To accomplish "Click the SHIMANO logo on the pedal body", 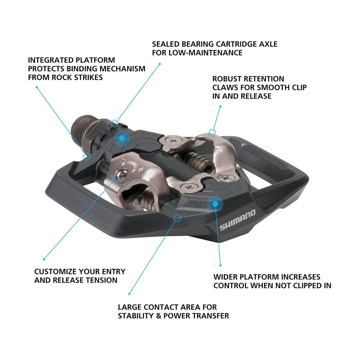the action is pos(237,220).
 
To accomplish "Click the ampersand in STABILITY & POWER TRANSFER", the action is pos(158,316).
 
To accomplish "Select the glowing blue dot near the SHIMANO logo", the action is pos(215,204).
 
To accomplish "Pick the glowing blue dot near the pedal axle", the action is pos(122,138).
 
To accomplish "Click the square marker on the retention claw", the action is pos(212,133).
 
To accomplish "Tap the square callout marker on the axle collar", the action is pos(114,124).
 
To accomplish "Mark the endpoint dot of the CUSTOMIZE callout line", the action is pos(44,260).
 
